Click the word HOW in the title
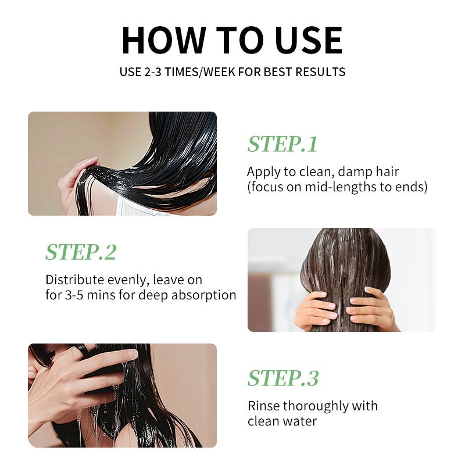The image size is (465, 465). point(164,40)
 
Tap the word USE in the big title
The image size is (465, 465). point(309,40)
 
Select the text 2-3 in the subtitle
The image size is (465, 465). point(153,72)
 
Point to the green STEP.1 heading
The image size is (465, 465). point(282,144)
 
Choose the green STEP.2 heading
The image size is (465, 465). point(81,252)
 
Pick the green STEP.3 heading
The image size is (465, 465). point(283,378)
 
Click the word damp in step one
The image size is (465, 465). point(355,172)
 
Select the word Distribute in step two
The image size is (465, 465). point(74,280)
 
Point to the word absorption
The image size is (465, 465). point(204,296)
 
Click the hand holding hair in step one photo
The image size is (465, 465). point(77,181)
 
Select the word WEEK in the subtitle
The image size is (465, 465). point(219,72)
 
